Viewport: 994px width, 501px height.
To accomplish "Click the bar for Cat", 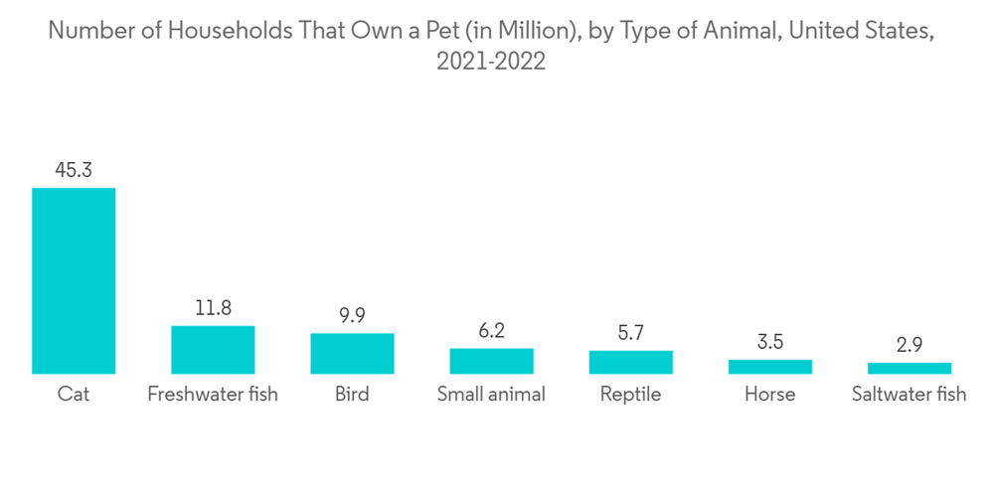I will tap(74, 280).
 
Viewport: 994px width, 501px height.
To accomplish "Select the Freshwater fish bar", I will tap(213, 349).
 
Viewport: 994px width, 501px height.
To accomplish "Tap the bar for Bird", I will tap(352, 353).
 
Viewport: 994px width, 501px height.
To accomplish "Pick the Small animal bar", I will tap(491, 361).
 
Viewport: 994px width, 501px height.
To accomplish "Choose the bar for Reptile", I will tap(630, 362).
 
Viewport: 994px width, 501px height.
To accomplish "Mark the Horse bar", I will tap(769, 367).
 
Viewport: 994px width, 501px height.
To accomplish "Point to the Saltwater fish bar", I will tap(909, 368).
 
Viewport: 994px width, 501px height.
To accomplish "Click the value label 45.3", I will tap(74, 170).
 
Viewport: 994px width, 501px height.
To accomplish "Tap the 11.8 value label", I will tap(213, 308).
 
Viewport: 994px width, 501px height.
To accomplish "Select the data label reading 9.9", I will tap(352, 316).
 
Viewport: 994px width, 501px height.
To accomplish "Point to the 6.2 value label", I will tap(491, 331).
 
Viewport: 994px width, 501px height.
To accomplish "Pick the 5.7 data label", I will tap(630, 333).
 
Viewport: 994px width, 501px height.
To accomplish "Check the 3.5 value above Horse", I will tap(769, 342).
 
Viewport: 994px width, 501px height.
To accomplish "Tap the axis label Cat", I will tap(74, 395).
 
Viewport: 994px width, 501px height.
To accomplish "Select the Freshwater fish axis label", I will tap(213, 395).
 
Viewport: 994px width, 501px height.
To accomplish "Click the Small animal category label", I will tap(491, 395).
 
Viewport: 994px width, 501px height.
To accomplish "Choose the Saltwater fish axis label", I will tap(909, 395).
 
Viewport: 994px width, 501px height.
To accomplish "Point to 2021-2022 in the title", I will tap(491, 61).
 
